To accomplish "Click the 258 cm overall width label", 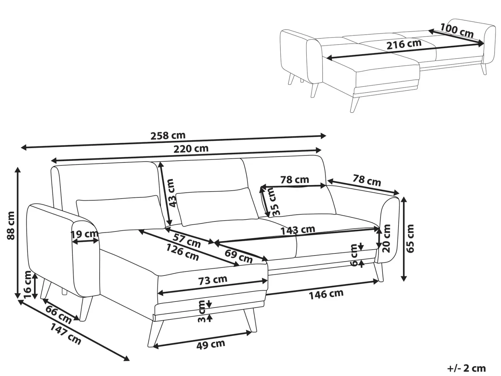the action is (x=168, y=136).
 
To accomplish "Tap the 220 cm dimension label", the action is (x=191, y=149).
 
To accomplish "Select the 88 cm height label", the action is (x=11, y=226).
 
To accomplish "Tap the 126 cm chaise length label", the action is (x=182, y=252).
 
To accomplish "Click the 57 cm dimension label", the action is (x=186, y=240).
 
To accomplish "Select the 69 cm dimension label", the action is (x=238, y=256).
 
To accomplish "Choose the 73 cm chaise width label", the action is (x=213, y=280).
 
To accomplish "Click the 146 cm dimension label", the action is (x=326, y=294).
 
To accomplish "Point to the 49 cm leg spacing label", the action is (x=211, y=344).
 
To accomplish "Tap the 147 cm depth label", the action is (x=66, y=334).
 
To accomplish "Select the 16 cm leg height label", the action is (x=27, y=284).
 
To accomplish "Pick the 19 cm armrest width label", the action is (x=84, y=234).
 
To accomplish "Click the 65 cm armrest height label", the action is (x=410, y=239).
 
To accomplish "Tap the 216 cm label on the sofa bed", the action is (x=404, y=44).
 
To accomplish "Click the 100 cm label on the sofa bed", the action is (x=457, y=31).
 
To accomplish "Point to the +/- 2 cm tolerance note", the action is (x=466, y=368).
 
